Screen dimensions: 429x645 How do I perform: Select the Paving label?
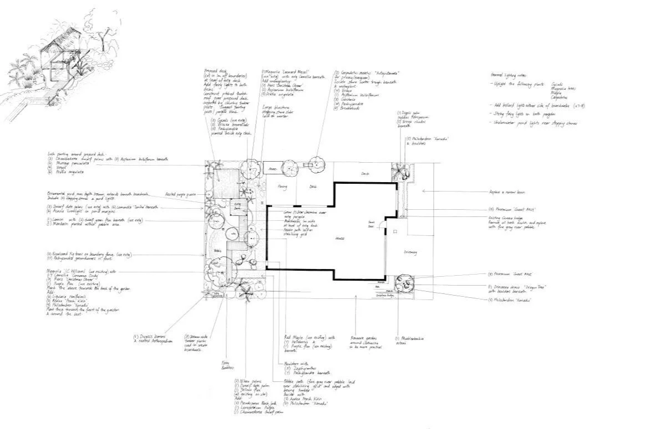[282, 187]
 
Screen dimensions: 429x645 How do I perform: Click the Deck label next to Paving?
[313, 187]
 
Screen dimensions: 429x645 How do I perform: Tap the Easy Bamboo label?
[224, 365]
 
